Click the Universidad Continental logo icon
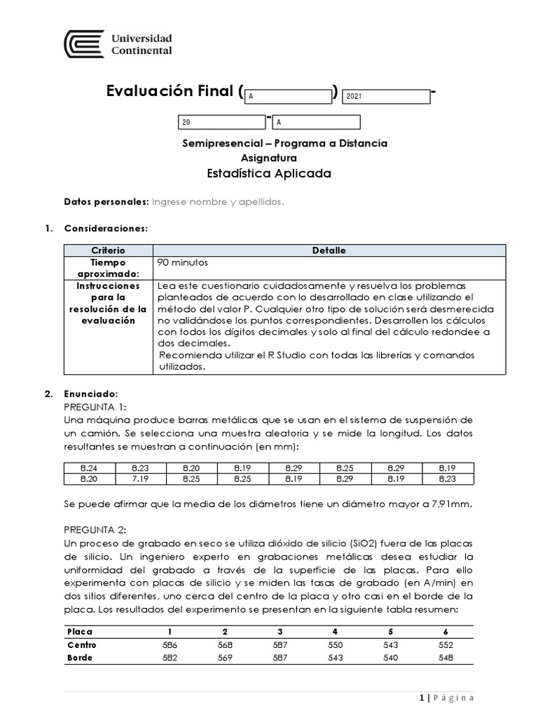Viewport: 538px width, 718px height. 84,43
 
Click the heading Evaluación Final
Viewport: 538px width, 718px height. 170,92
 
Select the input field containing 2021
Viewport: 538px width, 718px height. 385,97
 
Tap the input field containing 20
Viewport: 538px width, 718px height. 222,123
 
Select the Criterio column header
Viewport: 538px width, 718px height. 108,250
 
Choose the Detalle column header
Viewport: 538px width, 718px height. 329,250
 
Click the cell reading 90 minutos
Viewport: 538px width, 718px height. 183,262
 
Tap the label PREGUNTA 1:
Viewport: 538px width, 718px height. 95,407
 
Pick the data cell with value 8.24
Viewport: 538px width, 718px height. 89,468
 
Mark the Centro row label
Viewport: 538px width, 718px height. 82,645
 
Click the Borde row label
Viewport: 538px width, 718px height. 80,658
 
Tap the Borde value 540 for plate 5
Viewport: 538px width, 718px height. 390,658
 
